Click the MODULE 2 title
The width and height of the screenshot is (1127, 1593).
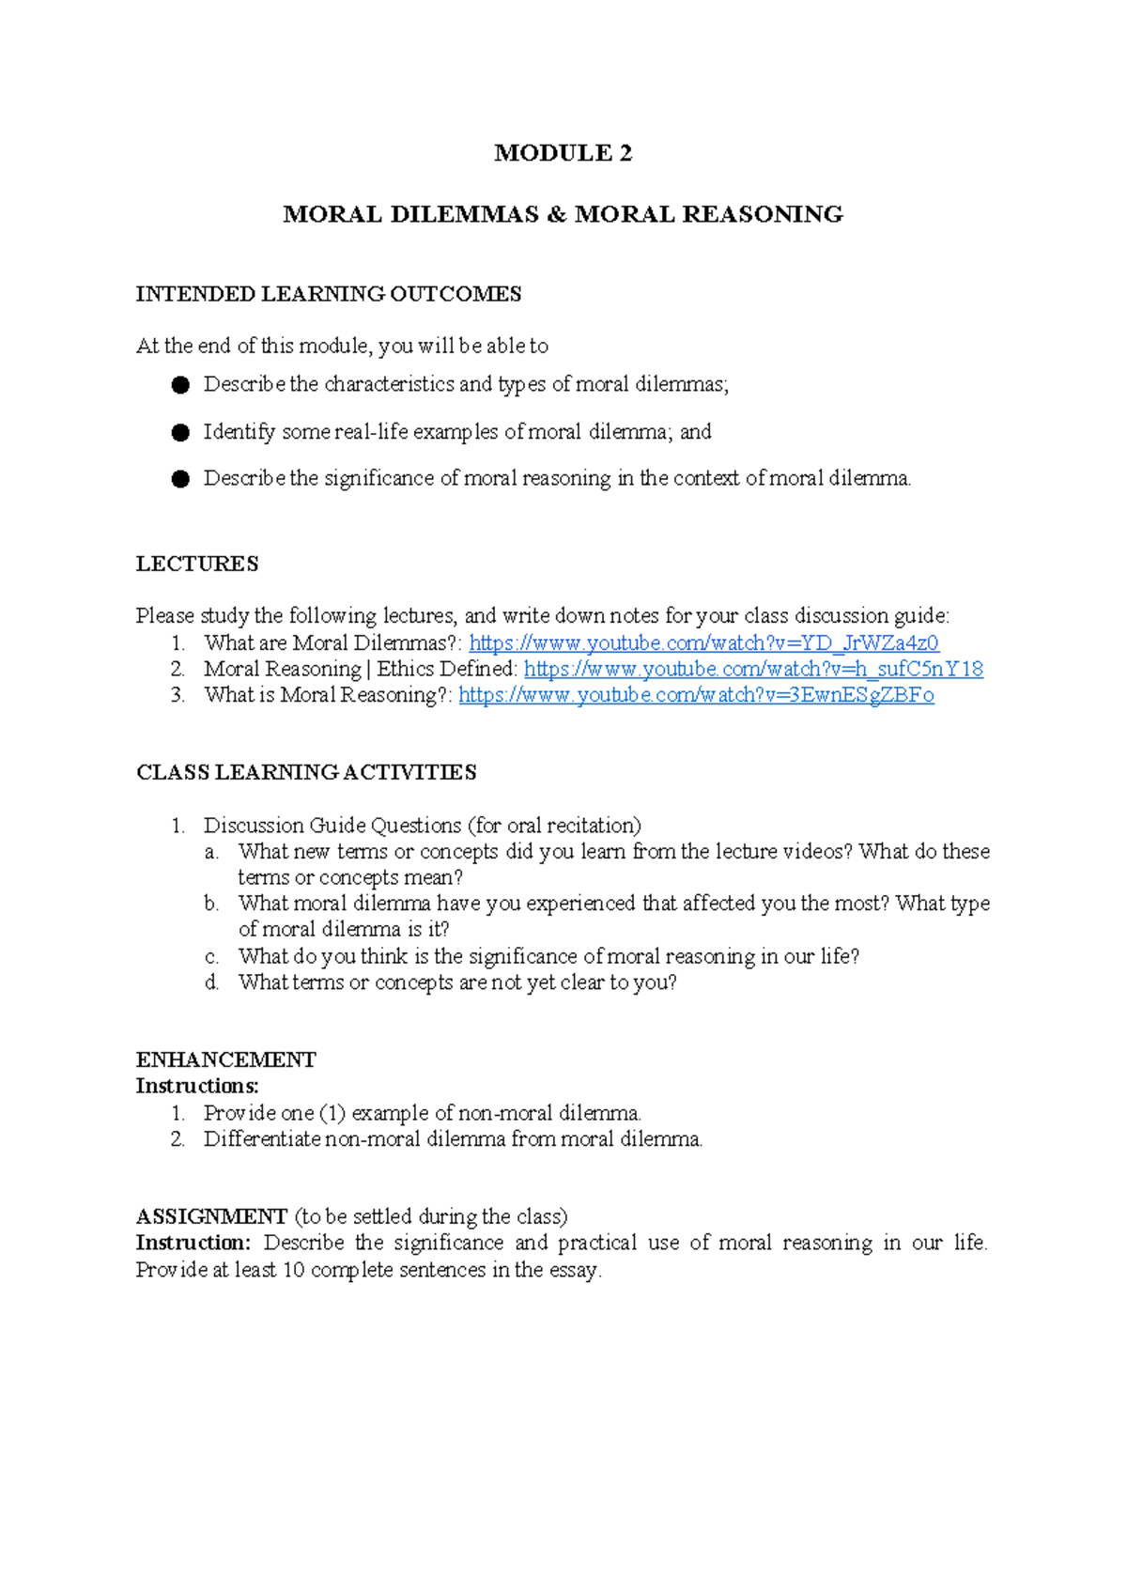[x=563, y=153]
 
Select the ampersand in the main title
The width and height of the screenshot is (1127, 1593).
[x=556, y=215]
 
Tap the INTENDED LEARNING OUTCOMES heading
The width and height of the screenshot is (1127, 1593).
[x=329, y=294]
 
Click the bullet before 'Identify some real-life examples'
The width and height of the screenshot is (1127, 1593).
[x=181, y=432]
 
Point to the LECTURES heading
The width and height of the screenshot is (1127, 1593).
[x=197, y=564]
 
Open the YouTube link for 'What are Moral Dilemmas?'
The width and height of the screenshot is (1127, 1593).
[x=703, y=643]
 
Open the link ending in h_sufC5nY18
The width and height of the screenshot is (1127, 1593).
[x=753, y=669]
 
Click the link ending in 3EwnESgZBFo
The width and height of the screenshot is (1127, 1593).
[x=696, y=695]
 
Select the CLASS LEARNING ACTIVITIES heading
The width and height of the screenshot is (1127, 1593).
[x=306, y=772]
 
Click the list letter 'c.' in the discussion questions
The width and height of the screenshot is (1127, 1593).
[x=212, y=957]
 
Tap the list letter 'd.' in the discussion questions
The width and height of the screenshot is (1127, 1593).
[x=212, y=983]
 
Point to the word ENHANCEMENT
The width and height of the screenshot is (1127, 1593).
[x=225, y=1059]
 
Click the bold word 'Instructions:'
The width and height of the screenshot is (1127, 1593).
[x=197, y=1086]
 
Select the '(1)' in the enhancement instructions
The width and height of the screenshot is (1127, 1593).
[x=332, y=1113]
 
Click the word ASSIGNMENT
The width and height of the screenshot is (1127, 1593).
[x=211, y=1216]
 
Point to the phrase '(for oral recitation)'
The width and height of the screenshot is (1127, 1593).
[x=554, y=826]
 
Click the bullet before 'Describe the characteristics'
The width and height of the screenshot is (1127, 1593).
[x=181, y=384]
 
